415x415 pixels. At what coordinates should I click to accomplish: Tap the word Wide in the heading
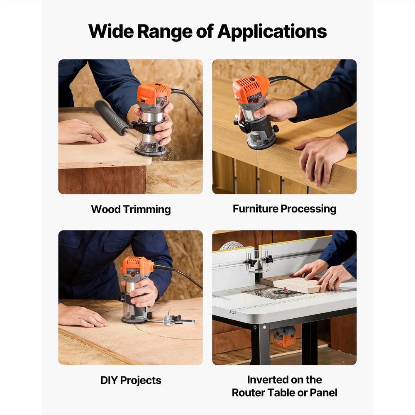(x=111, y=31)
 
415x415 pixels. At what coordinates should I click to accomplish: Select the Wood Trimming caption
(x=131, y=209)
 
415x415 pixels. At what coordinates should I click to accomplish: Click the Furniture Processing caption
(x=285, y=209)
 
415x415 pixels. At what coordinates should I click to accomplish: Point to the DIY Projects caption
(x=131, y=380)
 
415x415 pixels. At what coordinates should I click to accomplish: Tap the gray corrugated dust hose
(x=111, y=117)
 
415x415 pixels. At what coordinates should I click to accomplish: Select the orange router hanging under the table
(x=284, y=336)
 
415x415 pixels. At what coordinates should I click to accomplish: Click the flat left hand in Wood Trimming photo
(x=82, y=132)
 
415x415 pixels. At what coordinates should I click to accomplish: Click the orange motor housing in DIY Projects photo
(x=137, y=267)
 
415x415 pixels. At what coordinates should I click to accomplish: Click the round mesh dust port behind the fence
(x=231, y=245)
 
